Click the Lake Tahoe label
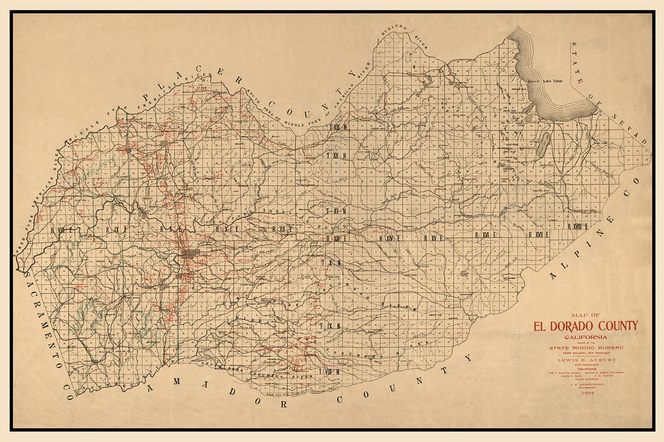pyautogui.click(x=553, y=80)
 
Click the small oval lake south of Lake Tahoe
pyautogui.click(x=543, y=144)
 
